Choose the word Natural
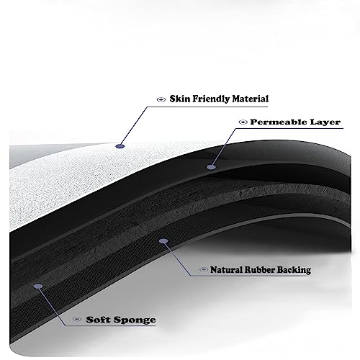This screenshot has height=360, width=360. point(226,270)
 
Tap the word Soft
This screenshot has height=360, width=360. point(99,320)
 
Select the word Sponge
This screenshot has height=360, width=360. point(135,320)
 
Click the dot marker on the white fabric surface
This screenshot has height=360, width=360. point(120,146)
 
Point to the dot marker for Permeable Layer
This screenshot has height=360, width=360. point(211,167)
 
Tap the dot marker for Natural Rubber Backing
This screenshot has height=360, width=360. point(163,241)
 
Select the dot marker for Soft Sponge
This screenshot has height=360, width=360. point(38,286)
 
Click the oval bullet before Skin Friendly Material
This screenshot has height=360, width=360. point(161,99)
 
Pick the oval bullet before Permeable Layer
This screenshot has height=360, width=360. point(243,122)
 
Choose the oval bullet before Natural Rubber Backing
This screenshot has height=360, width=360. point(204,269)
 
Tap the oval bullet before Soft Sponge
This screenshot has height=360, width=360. point(77,319)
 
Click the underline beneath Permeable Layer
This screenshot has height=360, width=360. point(289,128)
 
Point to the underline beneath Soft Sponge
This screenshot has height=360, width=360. point(110,326)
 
